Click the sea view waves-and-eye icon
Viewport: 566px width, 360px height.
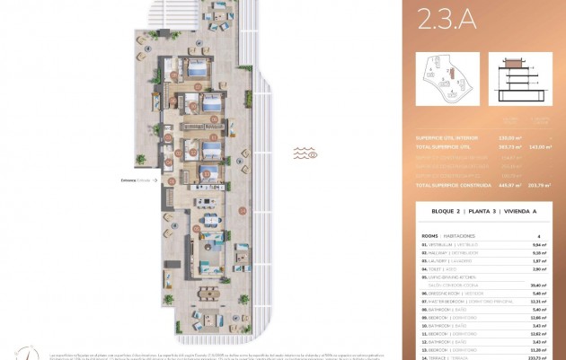click(x=306, y=154)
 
